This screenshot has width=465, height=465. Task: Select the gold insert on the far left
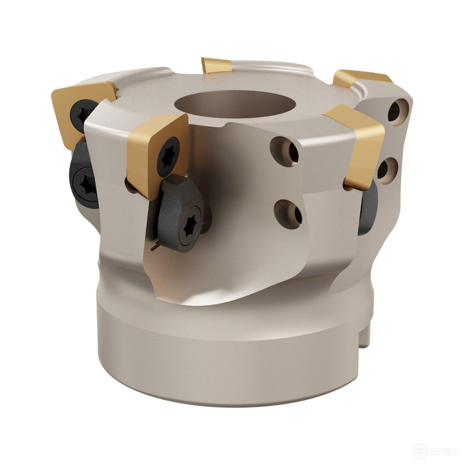point(78,108)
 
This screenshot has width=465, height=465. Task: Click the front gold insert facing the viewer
point(152,152)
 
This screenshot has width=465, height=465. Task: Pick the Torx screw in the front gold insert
point(168,156)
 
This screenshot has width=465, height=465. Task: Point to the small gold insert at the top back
point(216,65)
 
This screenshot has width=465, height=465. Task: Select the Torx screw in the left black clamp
point(86,184)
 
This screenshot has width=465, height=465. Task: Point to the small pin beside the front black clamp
point(154,246)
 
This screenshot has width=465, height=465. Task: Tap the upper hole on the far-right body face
point(398,110)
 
